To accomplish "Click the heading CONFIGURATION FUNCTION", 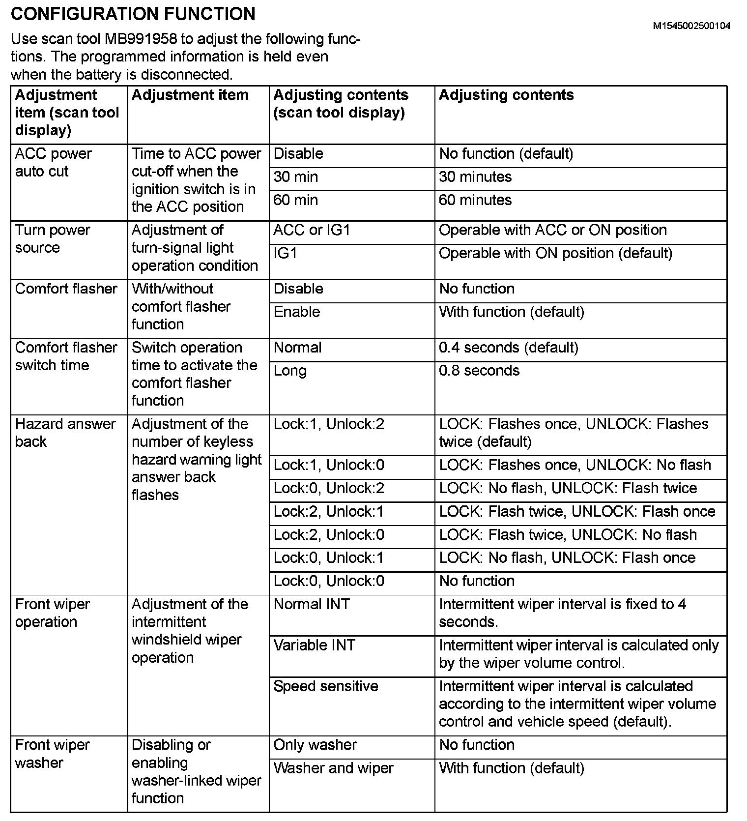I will click(133, 14).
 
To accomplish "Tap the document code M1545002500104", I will click(691, 26).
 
